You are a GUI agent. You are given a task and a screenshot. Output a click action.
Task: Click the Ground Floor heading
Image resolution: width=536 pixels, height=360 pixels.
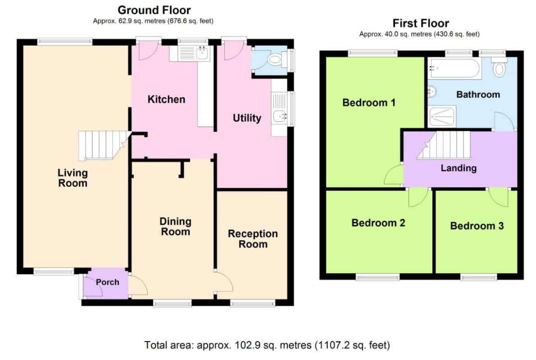pyautogui.click(x=154, y=10)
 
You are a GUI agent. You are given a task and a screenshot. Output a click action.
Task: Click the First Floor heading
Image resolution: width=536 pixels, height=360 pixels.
pyautogui.click(x=420, y=23)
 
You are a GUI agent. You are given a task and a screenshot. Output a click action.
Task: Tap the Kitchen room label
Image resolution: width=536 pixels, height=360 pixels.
pyautogui.click(x=167, y=99)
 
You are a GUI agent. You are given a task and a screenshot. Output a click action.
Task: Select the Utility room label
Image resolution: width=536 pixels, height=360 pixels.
pyautogui.click(x=247, y=118)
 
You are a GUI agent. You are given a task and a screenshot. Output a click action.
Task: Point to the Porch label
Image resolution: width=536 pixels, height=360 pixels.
pyautogui.click(x=107, y=282)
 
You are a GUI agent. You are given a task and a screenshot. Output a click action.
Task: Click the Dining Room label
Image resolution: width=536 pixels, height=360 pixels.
pyautogui.click(x=175, y=226)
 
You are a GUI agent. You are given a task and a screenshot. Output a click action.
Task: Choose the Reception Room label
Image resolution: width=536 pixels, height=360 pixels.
pyautogui.click(x=253, y=239)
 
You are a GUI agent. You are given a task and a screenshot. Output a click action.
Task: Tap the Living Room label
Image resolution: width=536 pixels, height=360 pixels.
pyautogui.click(x=73, y=178)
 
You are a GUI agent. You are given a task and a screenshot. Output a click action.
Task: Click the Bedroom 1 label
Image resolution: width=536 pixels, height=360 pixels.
pyautogui.click(x=369, y=103)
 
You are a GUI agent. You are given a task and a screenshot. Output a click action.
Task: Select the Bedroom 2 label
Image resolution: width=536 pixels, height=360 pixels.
pyautogui.click(x=378, y=223)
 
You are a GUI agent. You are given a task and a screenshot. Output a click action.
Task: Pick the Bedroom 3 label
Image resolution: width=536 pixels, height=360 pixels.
pyautogui.click(x=477, y=226)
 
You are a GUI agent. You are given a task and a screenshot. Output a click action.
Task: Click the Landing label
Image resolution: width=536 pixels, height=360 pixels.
pyautogui.click(x=459, y=168)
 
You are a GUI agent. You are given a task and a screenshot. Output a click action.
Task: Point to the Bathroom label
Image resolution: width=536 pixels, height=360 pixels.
pyautogui.click(x=478, y=94)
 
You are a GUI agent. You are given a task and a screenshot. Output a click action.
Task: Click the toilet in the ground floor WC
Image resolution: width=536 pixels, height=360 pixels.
pyautogui.click(x=277, y=60)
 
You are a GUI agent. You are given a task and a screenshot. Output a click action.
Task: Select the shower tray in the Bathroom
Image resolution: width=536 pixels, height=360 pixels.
pyautogui.click(x=442, y=116)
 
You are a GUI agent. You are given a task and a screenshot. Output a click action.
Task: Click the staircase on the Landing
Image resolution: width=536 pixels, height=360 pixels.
pyautogui.click(x=444, y=145)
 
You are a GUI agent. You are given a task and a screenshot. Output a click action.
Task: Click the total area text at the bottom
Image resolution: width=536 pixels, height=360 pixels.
pyautogui.click(x=267, y=345)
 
